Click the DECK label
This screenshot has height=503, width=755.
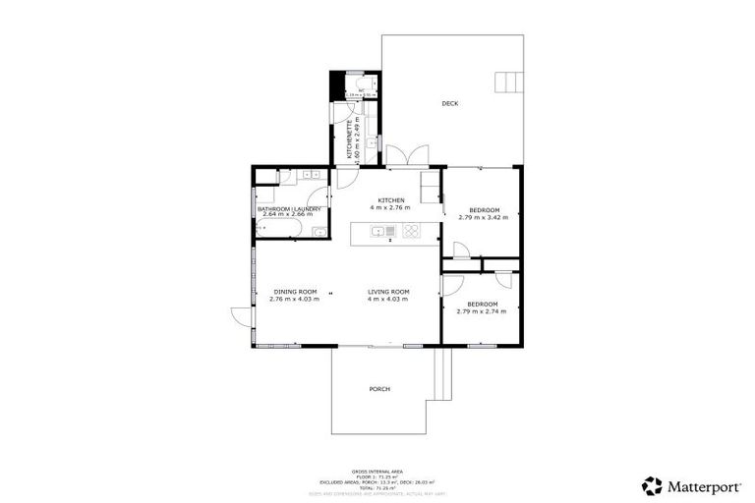(x=449, y=103)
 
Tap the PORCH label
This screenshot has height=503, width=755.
(x=379, y=389)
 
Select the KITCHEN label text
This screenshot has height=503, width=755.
(x=390, y=200)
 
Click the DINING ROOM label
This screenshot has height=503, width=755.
(x=295, y=292)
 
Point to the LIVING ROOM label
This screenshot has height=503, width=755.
(x=388, y=292)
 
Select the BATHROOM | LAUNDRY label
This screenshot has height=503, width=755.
(x=290, y=209)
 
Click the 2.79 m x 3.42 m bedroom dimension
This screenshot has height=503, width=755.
(x=484, y=217)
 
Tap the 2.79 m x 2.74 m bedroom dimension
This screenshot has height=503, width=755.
(x=482, y=311)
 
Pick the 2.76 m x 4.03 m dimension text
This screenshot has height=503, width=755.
(x=295, y=300)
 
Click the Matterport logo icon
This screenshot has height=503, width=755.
(x=651, y=485)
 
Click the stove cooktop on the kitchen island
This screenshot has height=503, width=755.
(x=412, y=232)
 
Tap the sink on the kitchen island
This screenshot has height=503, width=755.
(x=376, y=232)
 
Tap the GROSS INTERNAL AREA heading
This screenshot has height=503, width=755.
(x=378, y=473)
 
